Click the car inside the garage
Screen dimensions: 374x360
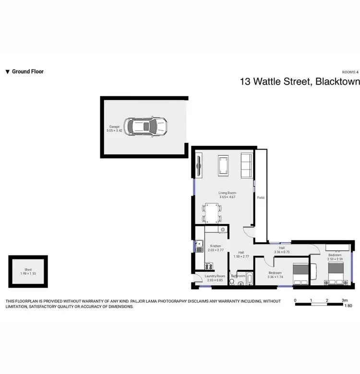tap(145, 127)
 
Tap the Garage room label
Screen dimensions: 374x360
tap(114, 127)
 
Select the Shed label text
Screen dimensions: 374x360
tap(28, 270)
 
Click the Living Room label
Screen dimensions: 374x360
tap(227, 193)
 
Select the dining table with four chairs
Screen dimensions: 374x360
tap(212, 212)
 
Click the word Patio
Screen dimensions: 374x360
tap(261, 198)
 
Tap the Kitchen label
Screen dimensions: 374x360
tap(215, 246)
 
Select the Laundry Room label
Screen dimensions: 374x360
tap(215, 276)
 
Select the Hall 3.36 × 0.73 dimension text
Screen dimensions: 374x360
tap(282, 252)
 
